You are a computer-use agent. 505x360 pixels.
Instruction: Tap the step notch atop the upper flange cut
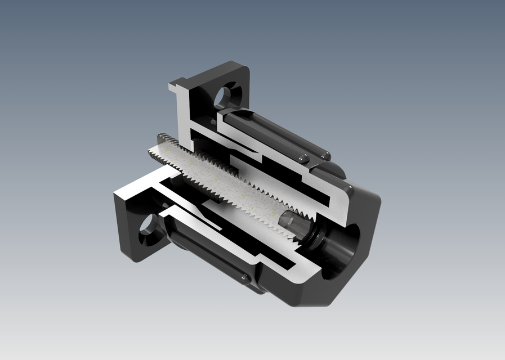pyautogui.click(x=178, y=88)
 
